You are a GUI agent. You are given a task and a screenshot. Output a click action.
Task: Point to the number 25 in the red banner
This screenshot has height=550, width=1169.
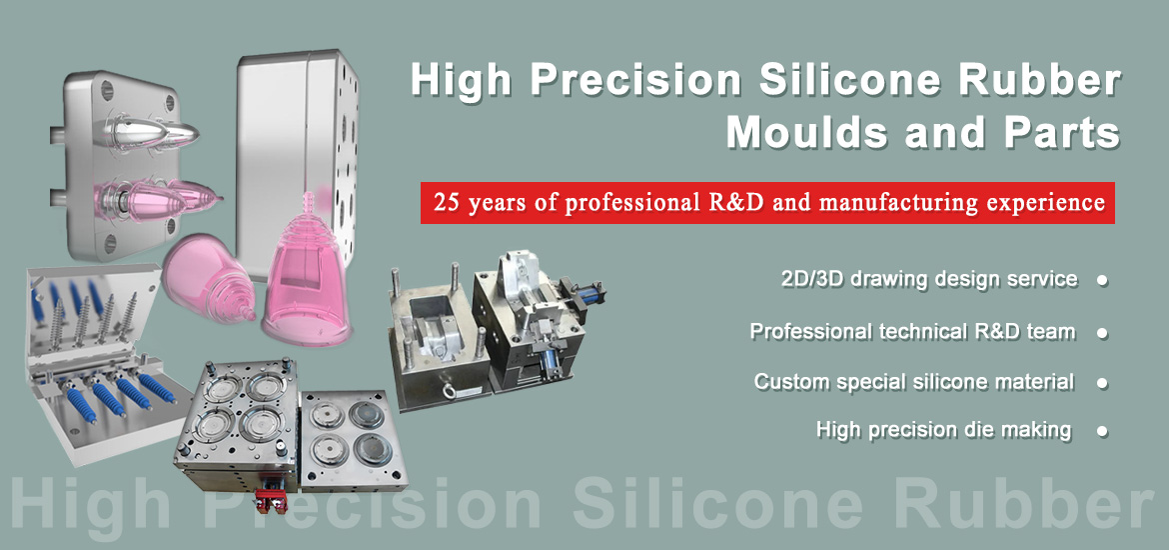click(x=446, y=203)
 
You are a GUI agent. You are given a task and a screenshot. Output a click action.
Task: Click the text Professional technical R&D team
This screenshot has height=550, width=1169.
click(x=912, y=331)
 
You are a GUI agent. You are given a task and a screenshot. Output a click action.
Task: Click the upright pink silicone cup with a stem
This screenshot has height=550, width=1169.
click(x=300, y=270)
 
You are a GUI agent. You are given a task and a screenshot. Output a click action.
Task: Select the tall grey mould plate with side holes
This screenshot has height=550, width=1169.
click(x=296, y=140)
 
